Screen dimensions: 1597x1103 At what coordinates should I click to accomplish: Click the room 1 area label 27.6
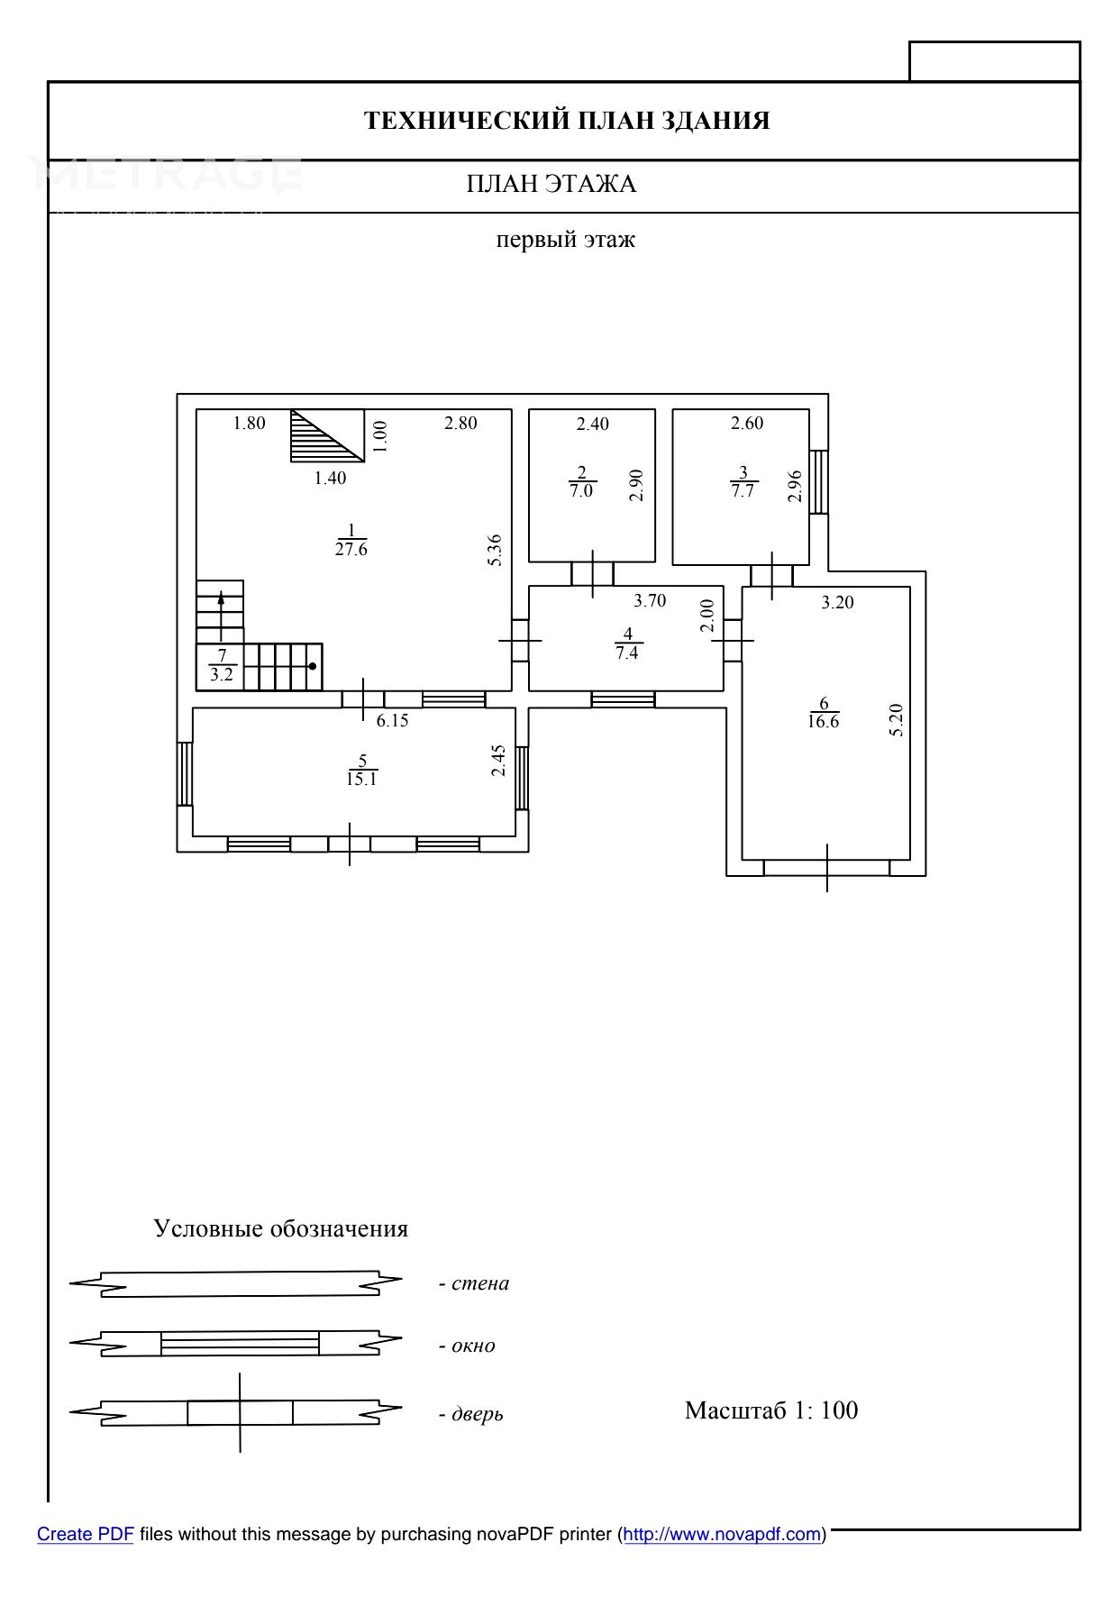pyautogui.click(x=351, y=540)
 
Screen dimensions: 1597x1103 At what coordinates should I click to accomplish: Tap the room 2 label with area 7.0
pyautogui.click(x=581, y=482)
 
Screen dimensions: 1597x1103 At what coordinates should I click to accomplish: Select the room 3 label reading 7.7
pyautogui.click(x=743, y=482)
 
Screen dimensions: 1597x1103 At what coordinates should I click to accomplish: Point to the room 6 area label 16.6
pyautogui.click(x=824, y=713)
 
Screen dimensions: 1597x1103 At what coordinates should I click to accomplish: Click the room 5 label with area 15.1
pyautogui.click(x=361, y=771)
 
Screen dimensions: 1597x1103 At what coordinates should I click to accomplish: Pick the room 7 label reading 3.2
pyautogui.click(x=222, y=665)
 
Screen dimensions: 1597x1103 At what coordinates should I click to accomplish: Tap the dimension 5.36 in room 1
pyautogui.click(x=495, y=551)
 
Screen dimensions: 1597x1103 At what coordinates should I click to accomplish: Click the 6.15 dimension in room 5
pyautogui.click(x=393, y=720)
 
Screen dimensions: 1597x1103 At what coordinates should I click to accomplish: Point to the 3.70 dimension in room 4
pyautogui.click(x=650, y=601)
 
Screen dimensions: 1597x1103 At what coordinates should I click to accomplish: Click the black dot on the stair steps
pyautogui.click(x=312, y=667)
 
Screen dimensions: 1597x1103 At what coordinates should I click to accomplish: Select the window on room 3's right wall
pyautogui.click(x=818, y=481)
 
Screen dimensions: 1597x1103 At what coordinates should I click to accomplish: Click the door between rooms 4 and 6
pyautogui.click(x=733, y=640)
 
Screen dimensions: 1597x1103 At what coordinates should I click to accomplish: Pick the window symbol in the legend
pyautogui.click(x=240, y=1343)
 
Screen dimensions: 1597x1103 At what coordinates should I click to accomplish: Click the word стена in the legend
pyautogui.click(x=479, y=1283)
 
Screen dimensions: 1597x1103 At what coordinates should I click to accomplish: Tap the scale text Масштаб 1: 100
pyautogui.click(x=771, y=1410)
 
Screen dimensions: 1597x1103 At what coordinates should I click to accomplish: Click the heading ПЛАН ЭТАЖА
pyautogui.click(x=551, y=185)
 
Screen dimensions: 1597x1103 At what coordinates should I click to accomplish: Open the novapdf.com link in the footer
pyautogui.click(x=722, y=1534)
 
